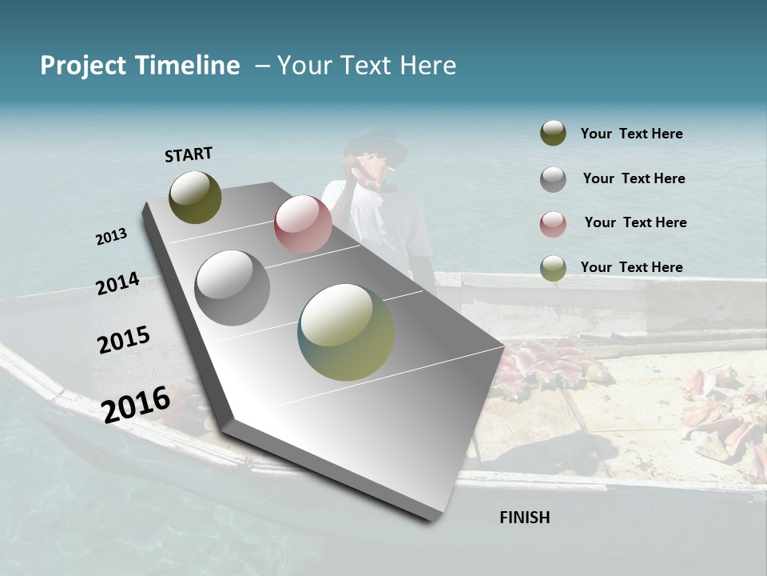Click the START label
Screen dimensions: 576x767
point(189,154)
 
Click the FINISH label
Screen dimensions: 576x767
point(524,518)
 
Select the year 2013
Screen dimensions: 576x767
point(111,237)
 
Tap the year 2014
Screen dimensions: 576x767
point(117,284)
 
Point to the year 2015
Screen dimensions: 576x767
point(123,340)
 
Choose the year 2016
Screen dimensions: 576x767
point(136,404)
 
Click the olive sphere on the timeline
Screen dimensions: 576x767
point(195,197)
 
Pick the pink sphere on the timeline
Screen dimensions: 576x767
point(303,224)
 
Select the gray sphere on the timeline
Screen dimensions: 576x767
point(232,287)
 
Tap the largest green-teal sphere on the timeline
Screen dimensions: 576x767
point(346,331)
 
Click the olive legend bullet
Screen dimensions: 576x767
point(553,134)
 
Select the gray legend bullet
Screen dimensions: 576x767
point(553,179)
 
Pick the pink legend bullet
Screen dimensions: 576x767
point(553,224)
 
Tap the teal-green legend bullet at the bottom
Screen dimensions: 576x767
point(553,268)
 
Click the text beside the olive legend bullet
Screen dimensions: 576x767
point(631,134)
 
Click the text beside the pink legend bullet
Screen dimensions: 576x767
point(635,222)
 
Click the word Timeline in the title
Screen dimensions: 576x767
point(188,66)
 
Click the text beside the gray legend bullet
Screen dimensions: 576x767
point(634,178)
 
